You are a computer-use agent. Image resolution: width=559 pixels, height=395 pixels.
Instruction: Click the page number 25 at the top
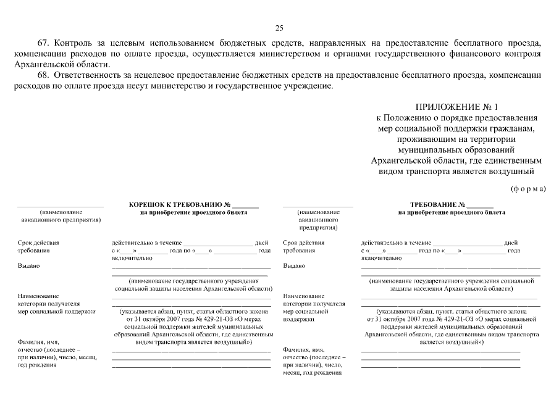coord(279,28)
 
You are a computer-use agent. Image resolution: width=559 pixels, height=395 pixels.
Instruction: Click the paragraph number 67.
coord(43,43)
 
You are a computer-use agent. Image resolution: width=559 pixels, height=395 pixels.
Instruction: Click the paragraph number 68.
coord(43,75)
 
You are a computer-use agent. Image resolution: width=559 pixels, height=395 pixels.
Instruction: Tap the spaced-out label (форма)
coord(528,189)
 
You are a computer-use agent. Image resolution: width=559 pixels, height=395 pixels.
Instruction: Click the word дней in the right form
coord(511,243)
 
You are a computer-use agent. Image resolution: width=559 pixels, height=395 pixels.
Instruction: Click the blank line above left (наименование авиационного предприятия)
coord(60,206)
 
